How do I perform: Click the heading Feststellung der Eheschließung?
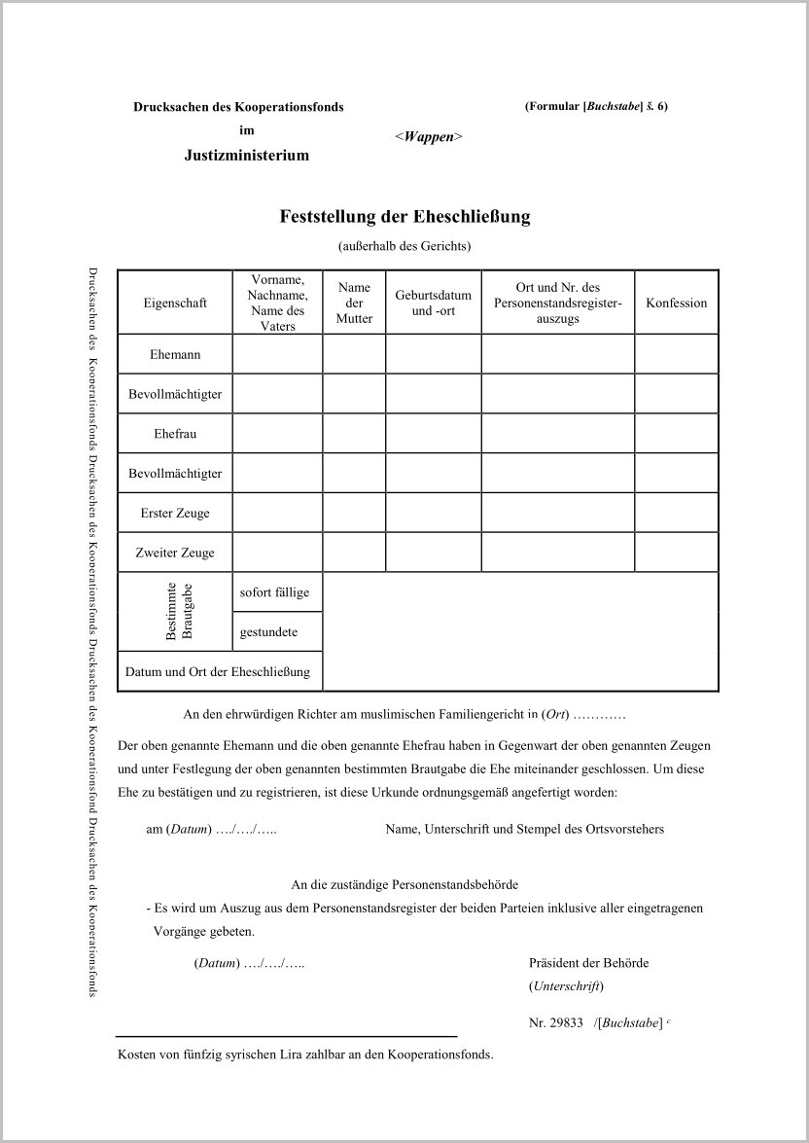tap(404, 216)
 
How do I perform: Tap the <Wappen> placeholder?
tap(428, 137)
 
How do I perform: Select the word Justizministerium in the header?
tap(247, 155)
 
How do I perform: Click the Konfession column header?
tap(676, 303)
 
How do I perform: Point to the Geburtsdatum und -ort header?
tap(433, 303)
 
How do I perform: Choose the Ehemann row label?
tap(175, 354)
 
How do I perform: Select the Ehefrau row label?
tap(175, 434)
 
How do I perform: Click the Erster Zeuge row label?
tap(175, 513)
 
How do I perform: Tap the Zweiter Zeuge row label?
tap(175, 553)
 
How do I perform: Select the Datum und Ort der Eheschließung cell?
tap(218, 671)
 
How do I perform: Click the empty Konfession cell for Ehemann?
tap(676, 354)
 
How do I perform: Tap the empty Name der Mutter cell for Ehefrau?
tap(354, 434)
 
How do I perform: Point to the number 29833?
tap(566, 1022)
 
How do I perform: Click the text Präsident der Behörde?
tap(588, 963)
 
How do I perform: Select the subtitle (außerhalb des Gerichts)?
tap(404, 246)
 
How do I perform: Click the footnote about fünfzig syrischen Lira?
tap(305, 1054)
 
